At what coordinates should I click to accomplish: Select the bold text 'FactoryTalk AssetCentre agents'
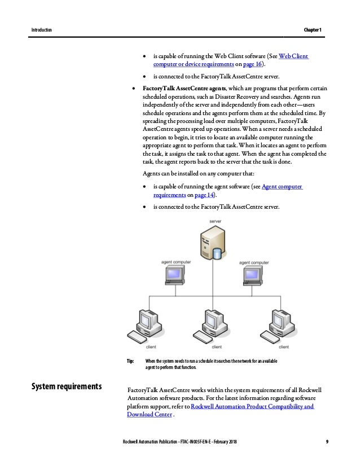(x=185, y=89)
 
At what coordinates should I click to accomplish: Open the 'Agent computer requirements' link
(x=283, y=186)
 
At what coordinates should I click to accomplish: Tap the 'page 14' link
(x=204, y=195)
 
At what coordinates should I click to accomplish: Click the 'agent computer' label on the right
(x=253, y=262)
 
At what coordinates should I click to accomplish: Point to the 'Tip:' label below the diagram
(x=131, y=361)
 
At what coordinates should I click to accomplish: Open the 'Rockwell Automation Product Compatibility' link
(x=252, y=407)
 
